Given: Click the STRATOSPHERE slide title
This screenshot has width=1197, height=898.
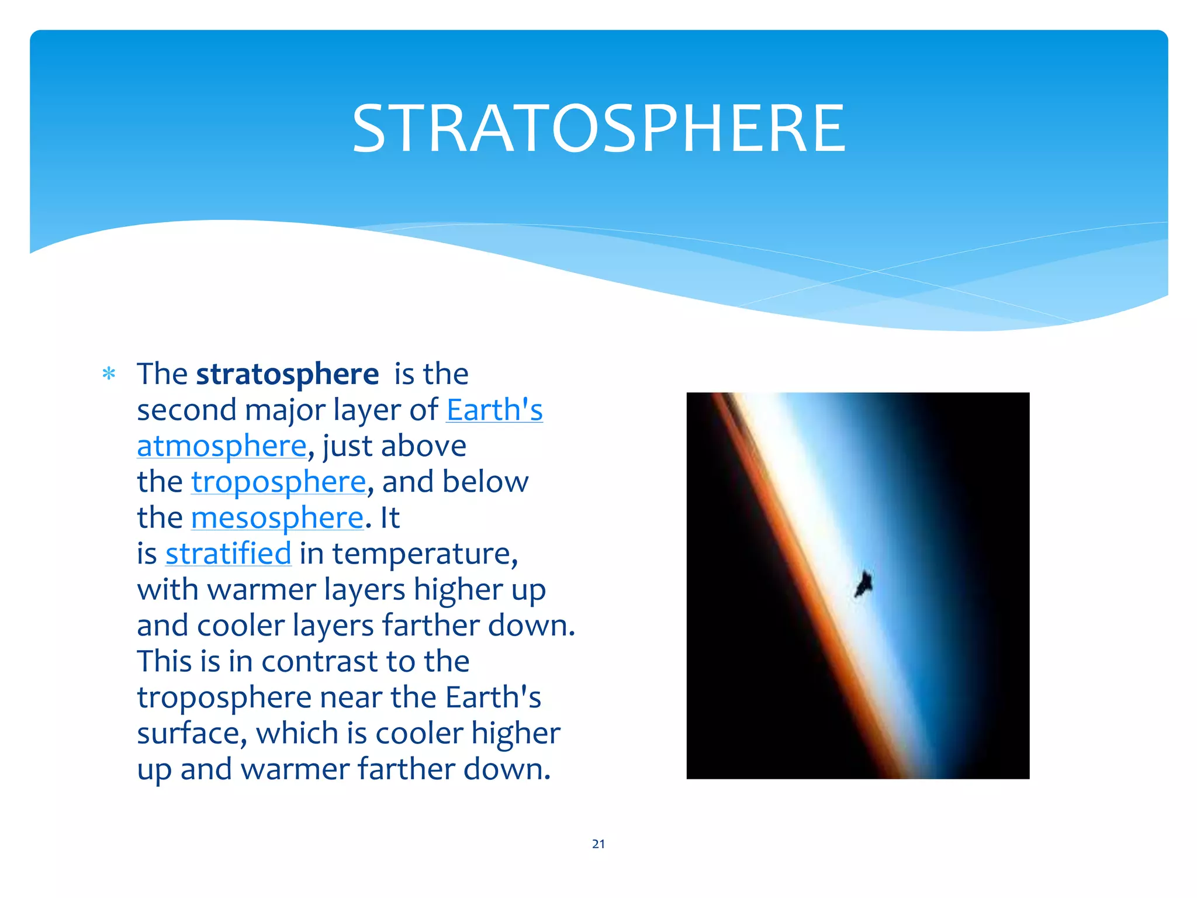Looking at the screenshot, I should (x=598, y=129).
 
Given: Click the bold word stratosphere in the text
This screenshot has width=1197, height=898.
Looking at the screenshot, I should (x=287, y=374).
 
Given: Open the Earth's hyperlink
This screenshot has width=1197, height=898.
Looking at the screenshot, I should (x=494, y=410).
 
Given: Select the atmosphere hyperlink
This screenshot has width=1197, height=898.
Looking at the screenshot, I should (x=222, y=446).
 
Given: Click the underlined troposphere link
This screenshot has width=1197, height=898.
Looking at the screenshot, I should (x=278, y=482).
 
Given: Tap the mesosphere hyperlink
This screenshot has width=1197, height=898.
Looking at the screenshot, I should (x=277, y=518).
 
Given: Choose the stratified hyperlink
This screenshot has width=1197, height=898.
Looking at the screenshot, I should (x=228, y=554).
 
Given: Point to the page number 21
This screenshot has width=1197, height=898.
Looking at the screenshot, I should (x=598, y=844).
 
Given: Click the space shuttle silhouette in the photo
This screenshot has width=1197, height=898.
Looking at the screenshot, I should (x=863, y=583).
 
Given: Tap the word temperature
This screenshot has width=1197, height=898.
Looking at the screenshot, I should (x=424, y=554).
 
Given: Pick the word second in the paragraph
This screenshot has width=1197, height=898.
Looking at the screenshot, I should (x=186, y=410).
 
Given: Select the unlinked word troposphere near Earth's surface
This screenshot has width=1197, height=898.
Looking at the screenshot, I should (x=224, y=698).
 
